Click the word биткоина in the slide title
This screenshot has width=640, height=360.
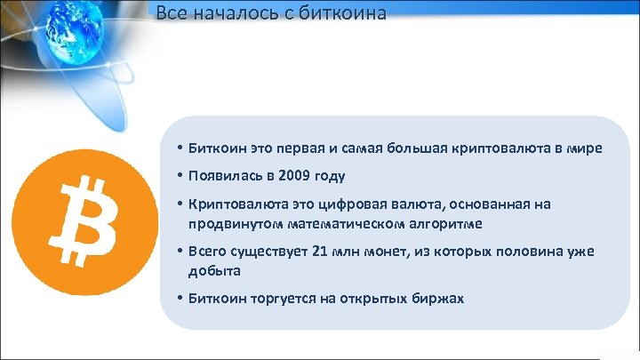coord(342,13)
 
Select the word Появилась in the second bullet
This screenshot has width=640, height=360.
coord(221,176)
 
